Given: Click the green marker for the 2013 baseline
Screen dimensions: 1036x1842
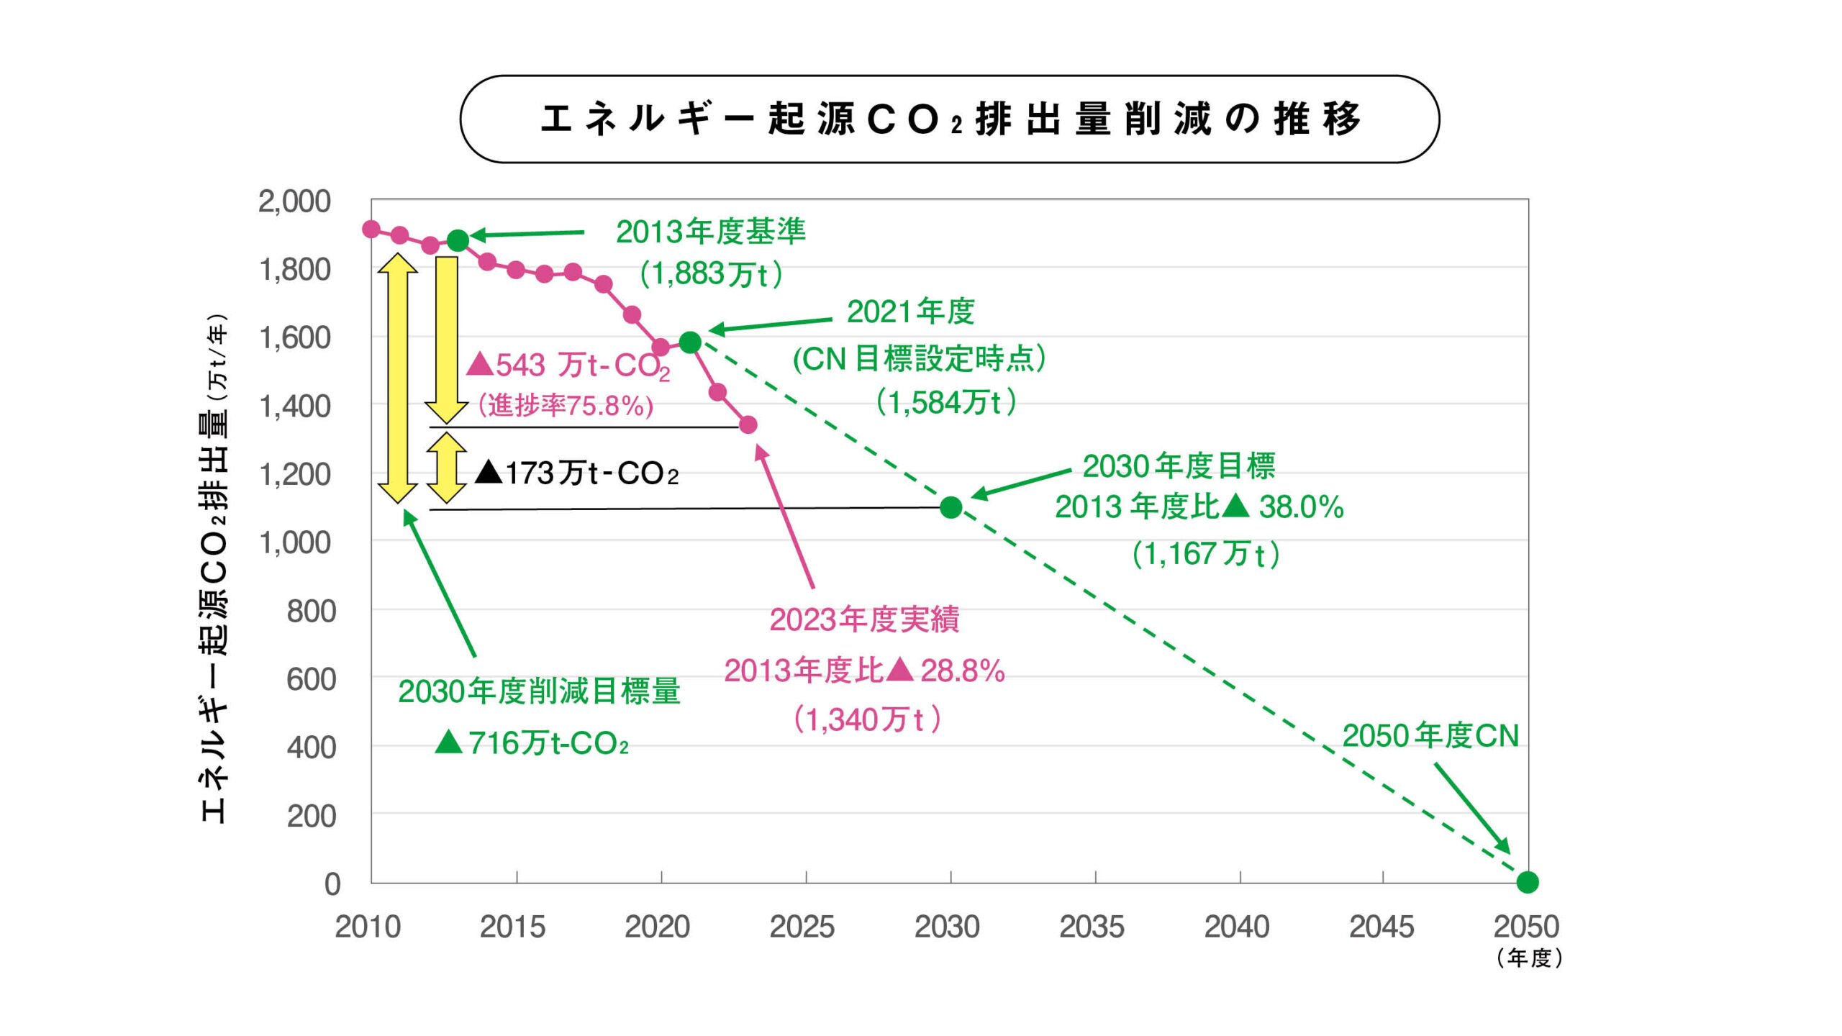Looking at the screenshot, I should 458,240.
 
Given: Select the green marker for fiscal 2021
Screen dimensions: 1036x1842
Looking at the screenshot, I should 690,342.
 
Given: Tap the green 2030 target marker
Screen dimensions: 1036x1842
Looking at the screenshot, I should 951,508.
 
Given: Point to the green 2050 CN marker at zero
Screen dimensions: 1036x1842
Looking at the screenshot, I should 1527,882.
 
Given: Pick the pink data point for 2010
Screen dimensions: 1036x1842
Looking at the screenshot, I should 371,230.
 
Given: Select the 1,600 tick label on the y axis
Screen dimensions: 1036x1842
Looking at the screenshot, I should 295,337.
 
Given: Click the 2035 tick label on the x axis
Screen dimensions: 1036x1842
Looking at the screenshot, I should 1092,927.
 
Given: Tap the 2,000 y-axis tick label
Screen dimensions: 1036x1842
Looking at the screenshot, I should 295,201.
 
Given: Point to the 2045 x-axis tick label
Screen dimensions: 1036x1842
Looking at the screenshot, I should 1381,927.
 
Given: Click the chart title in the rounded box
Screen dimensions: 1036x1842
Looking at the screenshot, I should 950,119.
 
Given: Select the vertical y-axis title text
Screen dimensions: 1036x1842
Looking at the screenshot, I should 214,568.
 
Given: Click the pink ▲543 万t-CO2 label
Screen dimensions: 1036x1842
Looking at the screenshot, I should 568,365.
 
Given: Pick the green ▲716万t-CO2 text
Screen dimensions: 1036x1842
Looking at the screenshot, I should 532,743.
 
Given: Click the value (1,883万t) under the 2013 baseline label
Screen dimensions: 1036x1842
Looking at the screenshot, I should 711,274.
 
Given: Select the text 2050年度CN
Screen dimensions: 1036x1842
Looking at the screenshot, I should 1430,736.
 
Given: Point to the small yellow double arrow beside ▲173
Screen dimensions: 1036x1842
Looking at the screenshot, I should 446,468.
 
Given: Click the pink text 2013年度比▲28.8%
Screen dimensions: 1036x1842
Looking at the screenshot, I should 864,671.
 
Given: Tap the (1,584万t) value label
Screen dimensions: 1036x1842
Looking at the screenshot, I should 946,402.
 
